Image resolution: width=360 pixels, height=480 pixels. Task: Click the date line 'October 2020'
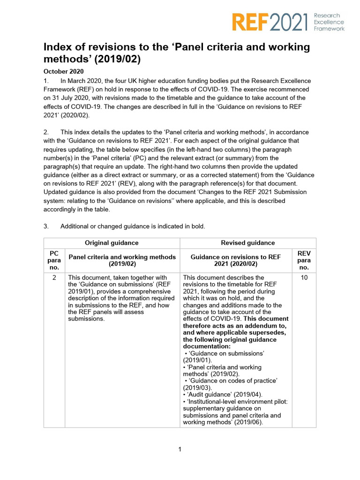[x=63, y=72]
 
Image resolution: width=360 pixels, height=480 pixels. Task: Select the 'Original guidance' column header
[x=112, y=243]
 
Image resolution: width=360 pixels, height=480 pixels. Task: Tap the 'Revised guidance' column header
[x=248, y=243]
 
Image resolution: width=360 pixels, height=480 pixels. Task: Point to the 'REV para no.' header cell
[x=304, y=260]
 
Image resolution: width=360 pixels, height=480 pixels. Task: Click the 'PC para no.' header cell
[x=54, y=260]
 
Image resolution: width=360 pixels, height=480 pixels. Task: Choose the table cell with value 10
[x=304, y=277]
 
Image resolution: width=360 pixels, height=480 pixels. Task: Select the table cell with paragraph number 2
[x=54, y=277]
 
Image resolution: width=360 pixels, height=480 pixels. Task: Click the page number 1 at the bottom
[x=180, y=450]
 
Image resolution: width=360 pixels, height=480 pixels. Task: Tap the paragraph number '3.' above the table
[x=46, y=226]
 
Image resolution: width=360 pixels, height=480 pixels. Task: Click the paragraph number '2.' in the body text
[x=46, y=132]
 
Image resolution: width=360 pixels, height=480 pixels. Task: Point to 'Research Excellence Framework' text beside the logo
[x=329, y=22]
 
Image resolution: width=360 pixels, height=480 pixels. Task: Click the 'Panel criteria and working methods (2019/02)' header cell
[x=122, y=260]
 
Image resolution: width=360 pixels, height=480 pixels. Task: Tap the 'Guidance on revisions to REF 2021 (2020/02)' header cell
[x=235, y=260]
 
